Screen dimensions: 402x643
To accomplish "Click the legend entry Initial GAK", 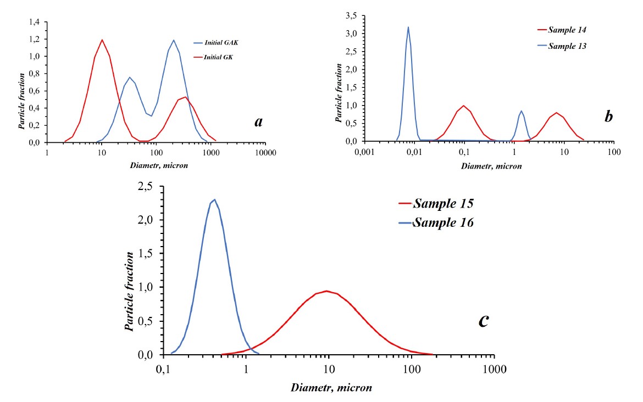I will (221, 42).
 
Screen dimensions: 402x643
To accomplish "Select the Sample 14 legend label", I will (568, 29).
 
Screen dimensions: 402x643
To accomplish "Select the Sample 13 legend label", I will (568, 46).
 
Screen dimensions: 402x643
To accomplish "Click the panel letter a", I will (258, 122).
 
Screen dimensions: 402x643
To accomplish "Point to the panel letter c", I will (484, 320).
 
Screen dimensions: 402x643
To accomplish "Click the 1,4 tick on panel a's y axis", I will (34, 22).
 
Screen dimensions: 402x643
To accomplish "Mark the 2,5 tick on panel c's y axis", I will (147, 188).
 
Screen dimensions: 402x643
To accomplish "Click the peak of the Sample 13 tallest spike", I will (408, 27).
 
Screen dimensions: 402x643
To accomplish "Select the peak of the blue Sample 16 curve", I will (214, 199).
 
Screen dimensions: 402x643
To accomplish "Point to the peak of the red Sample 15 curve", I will (327, 291).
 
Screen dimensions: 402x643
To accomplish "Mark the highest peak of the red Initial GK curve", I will (102, 40).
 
